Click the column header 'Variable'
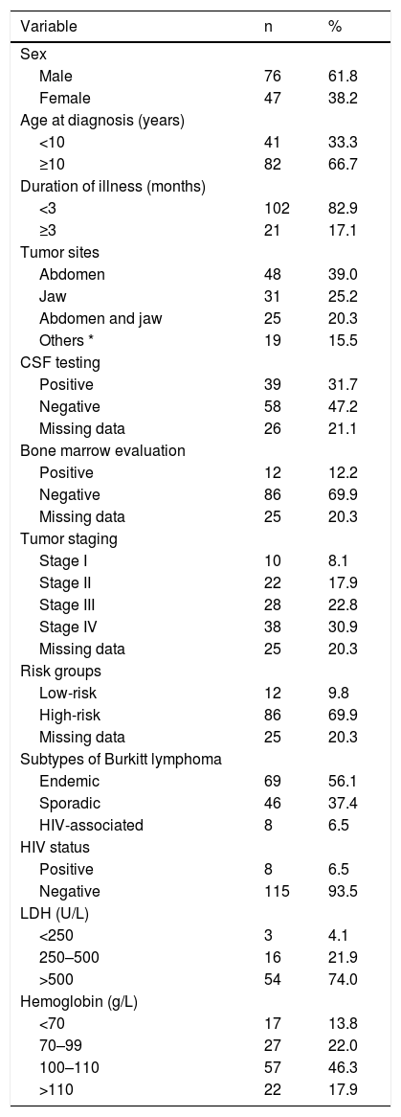[x=49, y=27]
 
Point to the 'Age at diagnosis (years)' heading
[x=102, y=120]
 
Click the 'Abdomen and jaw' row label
[x=100, y=318]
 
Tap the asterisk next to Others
[x=85, y=337]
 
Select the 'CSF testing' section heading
[x=60, y=362]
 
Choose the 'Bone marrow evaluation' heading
[x=102, y=450]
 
